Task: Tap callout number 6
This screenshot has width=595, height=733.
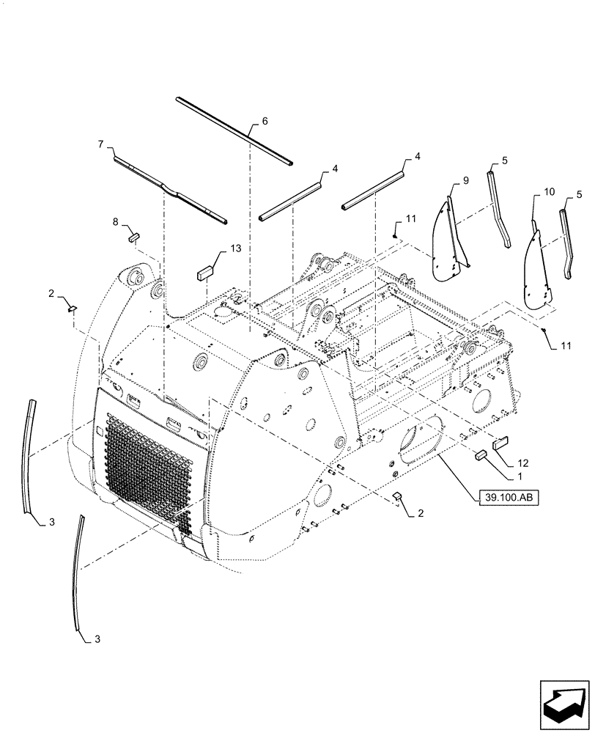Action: click(x=265, y=121)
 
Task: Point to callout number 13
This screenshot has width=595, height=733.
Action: click(x=234, y=249)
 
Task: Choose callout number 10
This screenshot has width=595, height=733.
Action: click(x=550, y=194)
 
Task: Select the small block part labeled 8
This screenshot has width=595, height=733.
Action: click(x=135, y=236)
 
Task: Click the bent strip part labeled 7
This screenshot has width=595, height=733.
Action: click(x=171, y=188)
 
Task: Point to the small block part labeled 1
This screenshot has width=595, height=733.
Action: click(x=481, y=454)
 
